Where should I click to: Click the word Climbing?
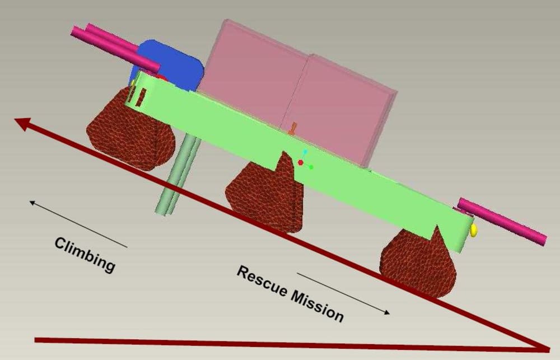click(85, 254)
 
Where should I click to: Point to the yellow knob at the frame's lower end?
click(474, 230)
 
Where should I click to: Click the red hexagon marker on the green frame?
click(301, 162)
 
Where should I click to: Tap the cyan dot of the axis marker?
click(305, 152)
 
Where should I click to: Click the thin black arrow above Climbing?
click(78, 223)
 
